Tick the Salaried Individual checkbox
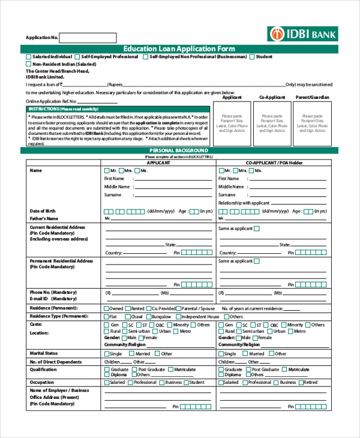[28, 56]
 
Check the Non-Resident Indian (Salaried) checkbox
[28, 64]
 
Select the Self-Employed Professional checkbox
[77, 56]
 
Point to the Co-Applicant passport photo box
[272, 123]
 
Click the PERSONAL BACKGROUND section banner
[179, 150]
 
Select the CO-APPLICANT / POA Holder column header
[273, 163]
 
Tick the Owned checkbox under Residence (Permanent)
[107, 308]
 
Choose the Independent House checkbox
[178, 316]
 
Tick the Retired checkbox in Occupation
[301, 382]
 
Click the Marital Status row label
[44, 353]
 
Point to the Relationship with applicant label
[244, 203]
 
